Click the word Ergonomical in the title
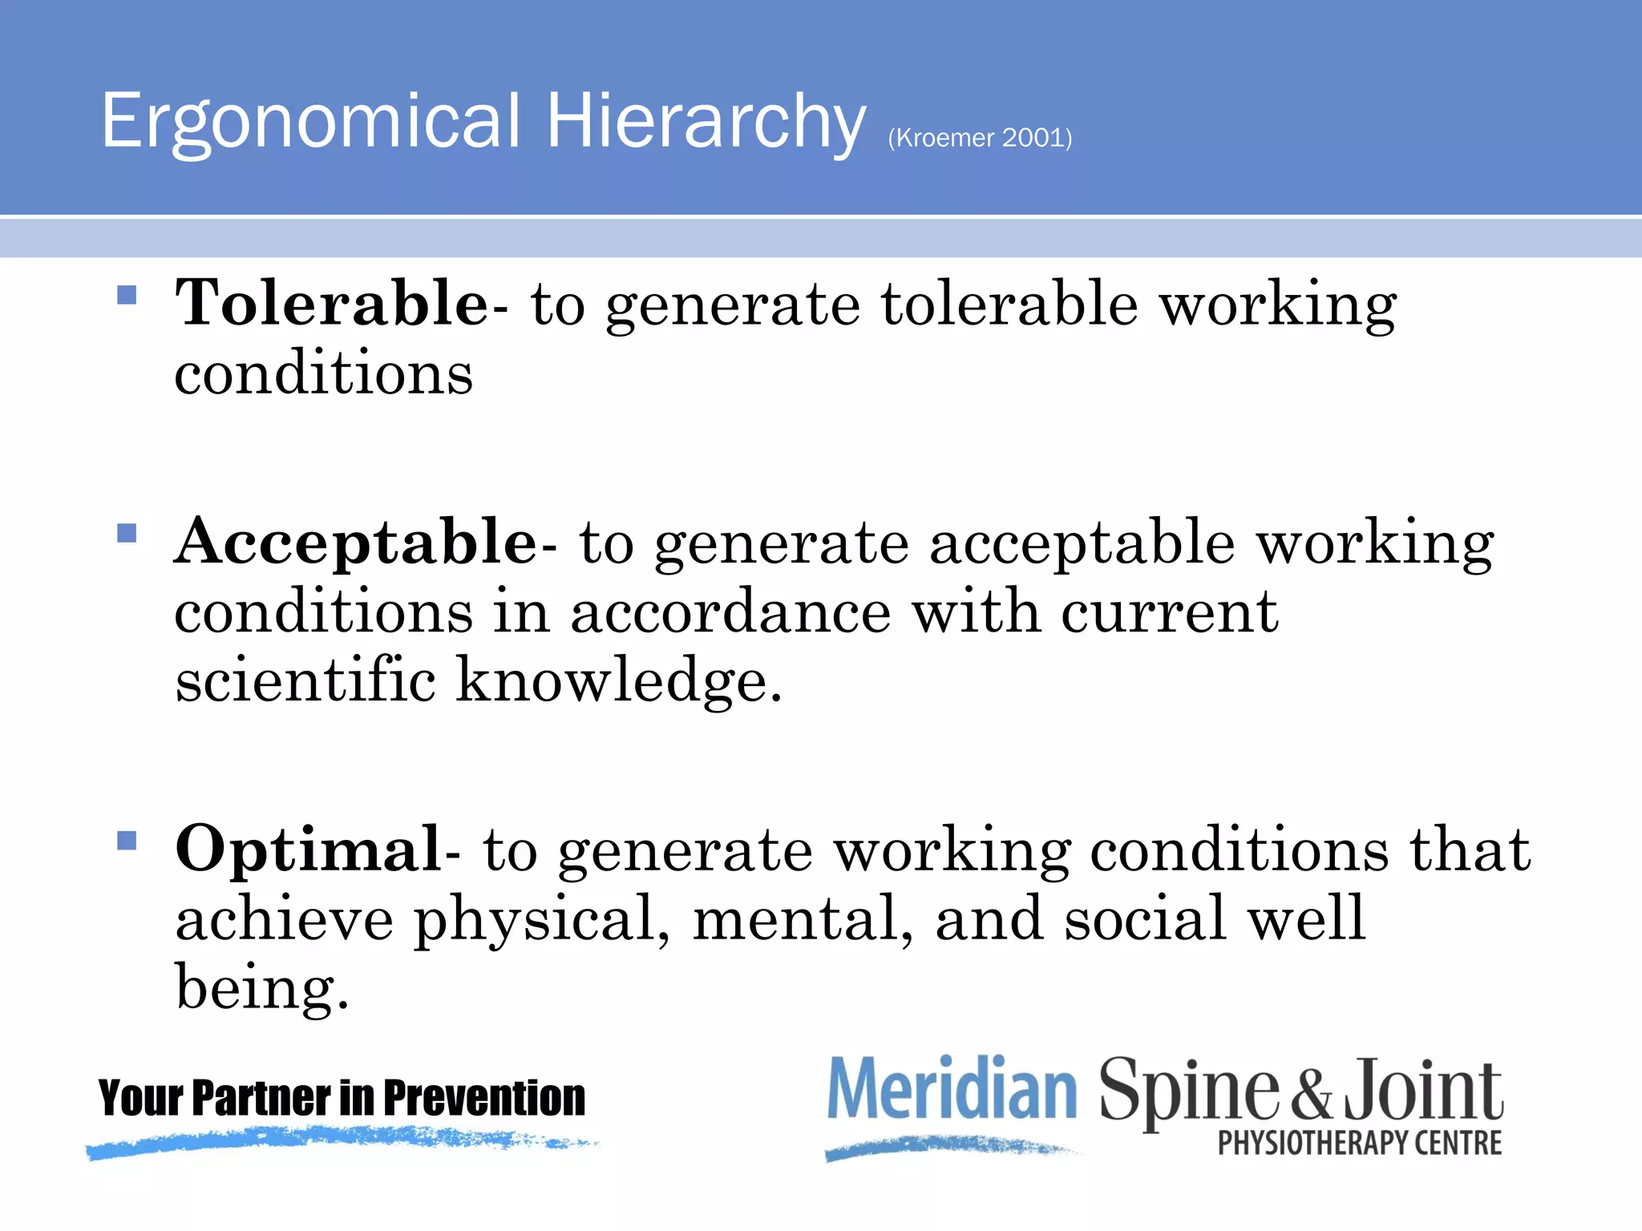pyautogui.click(x=311, y=122)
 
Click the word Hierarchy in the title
pyautogui.click(x=706, y=122)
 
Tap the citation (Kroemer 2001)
pyautogui.click(x=980, y=138)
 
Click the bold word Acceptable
pyautogui.click(x=356, y=543)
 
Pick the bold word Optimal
pyautogui.click(x=308, y=850)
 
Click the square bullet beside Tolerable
pyautogui.click(x=127, y=296)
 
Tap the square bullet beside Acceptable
pyautogui.click(x=127, y=534)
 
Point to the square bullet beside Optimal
pyautogui.click(x=127, y=841)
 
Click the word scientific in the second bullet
pyautogui.click(x=305, y=680)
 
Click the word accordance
pyautogui.click(x=730, y=612)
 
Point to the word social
pyautogui.click(x=1145, y=919)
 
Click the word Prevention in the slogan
pyautogui.click(x=484, y=1098)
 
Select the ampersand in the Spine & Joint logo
pyautogui.click(x=1312, y=1094)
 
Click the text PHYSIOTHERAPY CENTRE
pyautogui.click(x=1360, y=1143)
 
